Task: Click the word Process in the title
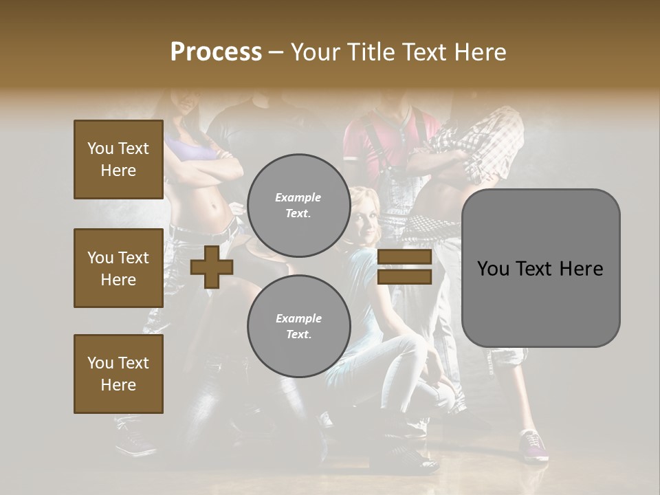point(216,52)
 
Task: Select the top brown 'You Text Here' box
point(118,159)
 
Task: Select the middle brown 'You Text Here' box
point(118,268)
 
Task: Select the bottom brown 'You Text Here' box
point(118,374)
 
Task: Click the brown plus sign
point(212,267)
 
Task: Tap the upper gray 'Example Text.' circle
point(298,206)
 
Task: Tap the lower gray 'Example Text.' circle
point(298,326)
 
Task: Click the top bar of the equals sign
point(404,257)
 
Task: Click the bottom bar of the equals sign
point(404,277)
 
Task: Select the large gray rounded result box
point(540,268)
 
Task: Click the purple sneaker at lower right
point(534,445)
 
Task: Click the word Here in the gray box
point(581,269)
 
